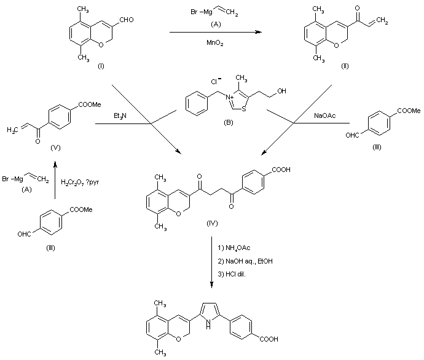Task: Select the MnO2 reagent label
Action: coord(214,42)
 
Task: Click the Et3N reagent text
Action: coord(121,117)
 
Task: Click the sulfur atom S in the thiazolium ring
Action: coord(237,112)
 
